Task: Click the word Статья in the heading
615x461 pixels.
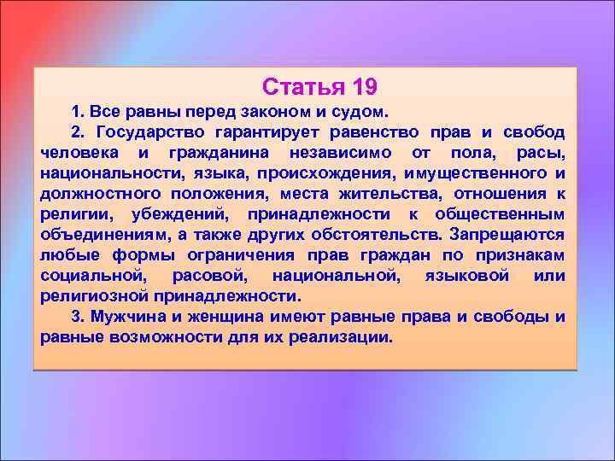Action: pos(299,87)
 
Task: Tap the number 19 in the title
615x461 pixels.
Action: pos(360,87)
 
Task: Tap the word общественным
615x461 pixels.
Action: pos(500,214)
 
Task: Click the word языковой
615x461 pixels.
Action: pos(466,276)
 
